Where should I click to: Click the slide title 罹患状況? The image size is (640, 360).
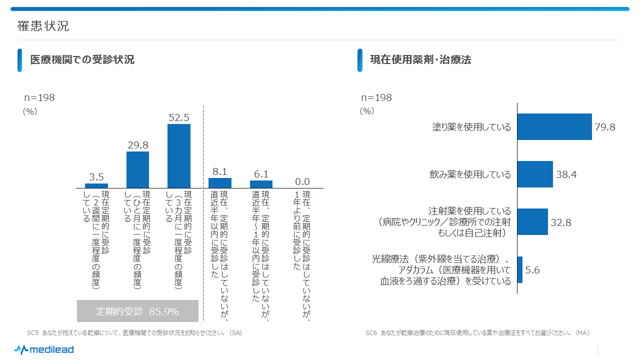pyautogui.click(x=43, y=26)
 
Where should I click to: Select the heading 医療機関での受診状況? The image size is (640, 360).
pyautogui.click(x=82, y=60)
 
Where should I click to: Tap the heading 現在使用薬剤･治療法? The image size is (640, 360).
pyautogui.click(x=420, y=60)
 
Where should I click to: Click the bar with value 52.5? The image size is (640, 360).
pyautogui.click(x=179, y=156)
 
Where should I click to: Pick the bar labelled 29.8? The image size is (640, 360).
pyautogui.click(x=137, y=169)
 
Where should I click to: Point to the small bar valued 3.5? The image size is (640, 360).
pyautogui.click(x=96, y=185)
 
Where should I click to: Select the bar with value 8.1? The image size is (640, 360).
pyautogui.click(x=220, y=183)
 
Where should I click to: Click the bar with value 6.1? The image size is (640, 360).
pyautogui.click(x=261, y=184)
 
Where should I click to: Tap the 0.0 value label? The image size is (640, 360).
pyautogui.click(x=302, y=181)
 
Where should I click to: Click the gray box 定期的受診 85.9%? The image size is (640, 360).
pyautogui.click(x=137, y=311)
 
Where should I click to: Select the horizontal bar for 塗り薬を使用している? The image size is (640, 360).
pyautogui.click(x=554, y=127)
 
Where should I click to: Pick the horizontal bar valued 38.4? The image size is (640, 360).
pyautogui.click(x=534, y=174)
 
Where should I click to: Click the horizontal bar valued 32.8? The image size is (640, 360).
pyautogui.click(x=532, y=222)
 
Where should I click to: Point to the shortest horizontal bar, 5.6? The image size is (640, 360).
pyautogui.click(x=520, y=270)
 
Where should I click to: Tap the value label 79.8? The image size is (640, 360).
pyautogui.click(x=605, y=127)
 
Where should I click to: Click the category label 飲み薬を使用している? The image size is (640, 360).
pyautogui.click(x=470, y=174)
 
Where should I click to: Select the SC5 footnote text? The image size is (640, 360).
pyautogui.click(x=134, y=332)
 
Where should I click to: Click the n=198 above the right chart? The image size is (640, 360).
pyautogui.click(x=376, y=98)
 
